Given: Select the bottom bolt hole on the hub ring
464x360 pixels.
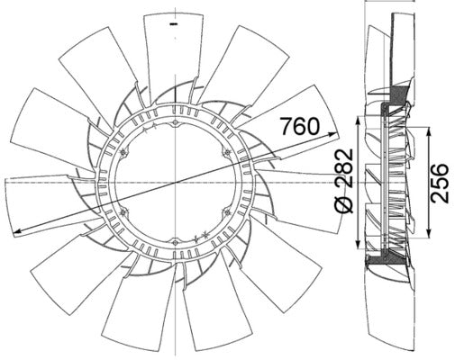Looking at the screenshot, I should [172, 241].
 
